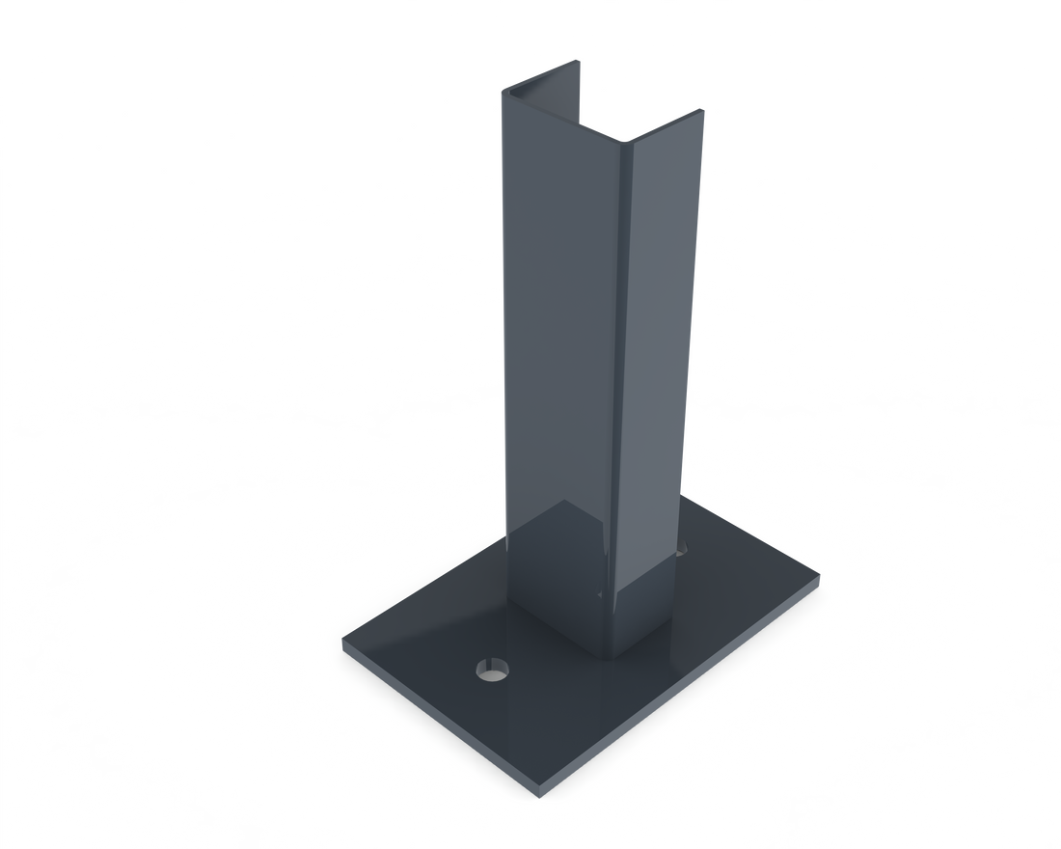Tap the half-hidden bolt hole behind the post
pos(683,552)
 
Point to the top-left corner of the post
pos(503,93)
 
